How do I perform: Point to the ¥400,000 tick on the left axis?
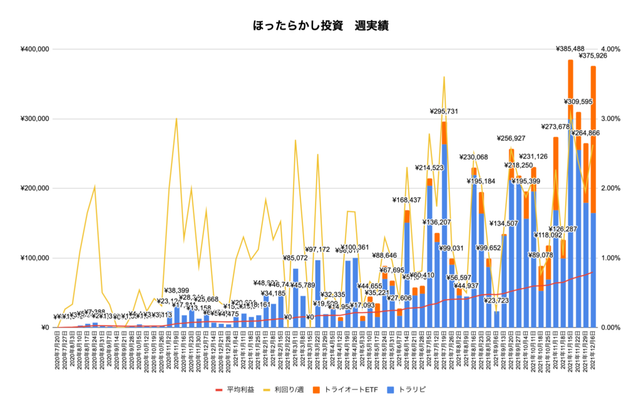(x=36, y=49)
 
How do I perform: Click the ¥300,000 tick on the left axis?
(x=36, y=119)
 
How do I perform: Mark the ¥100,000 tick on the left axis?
(x=36, y=258)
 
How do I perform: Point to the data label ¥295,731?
(x=446, y=111)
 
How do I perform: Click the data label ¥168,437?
(x=408, y=200)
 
